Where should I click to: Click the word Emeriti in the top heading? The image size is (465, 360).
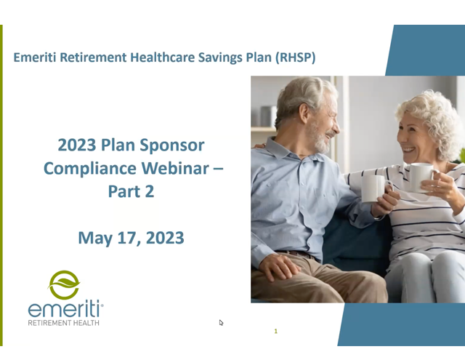(35, 57)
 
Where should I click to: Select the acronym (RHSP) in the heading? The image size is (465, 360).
(296, 57)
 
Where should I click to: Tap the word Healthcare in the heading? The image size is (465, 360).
(163, 57)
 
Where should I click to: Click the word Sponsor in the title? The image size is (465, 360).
(172, 145)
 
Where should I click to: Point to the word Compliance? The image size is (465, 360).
(90, 168)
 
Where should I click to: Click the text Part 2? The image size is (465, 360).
(131, 191)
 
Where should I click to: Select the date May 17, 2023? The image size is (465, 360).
(131, 238)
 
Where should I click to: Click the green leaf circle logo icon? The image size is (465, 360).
(64, 284)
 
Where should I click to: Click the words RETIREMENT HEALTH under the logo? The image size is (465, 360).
(63, 323)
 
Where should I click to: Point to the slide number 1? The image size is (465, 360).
(276, 331)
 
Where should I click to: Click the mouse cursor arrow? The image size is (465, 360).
(221, 323)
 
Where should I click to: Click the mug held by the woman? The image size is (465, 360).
(422, 177)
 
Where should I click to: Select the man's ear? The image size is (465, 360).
(304, 113)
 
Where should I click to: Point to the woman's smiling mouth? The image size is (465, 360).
(409, 149)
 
